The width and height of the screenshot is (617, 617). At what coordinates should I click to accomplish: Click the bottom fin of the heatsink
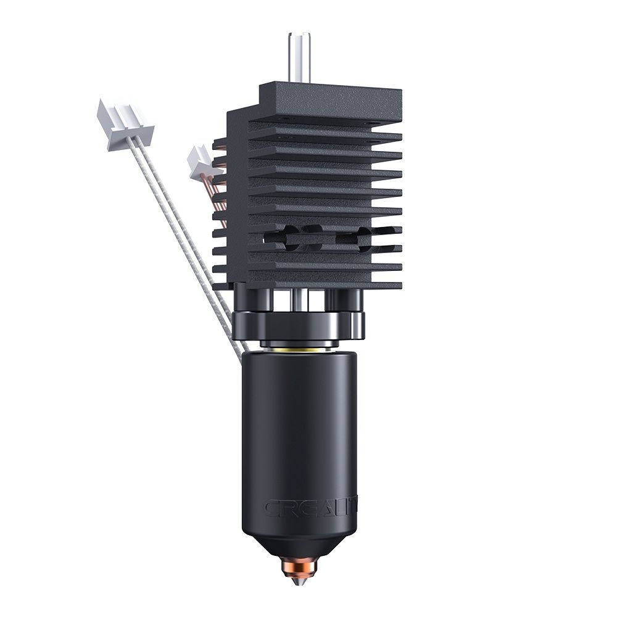point(324,284)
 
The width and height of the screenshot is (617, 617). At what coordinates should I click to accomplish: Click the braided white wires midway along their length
point(185,247)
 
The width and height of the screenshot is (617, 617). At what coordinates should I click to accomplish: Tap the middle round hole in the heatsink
point(315,238)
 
